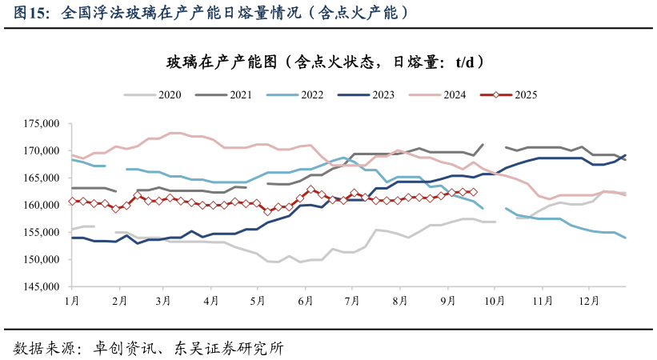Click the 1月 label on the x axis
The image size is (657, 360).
coord(72,301)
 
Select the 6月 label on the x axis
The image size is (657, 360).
coord(305,301)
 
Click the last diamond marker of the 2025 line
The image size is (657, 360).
coord(473,192)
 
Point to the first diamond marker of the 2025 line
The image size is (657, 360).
coord(73,202)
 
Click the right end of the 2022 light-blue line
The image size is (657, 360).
coord(625,238)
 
